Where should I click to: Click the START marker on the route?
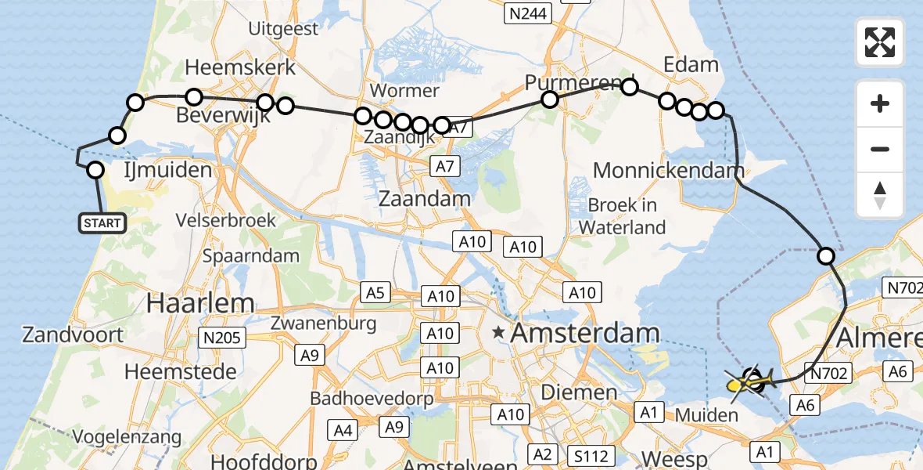click(x=102, y=223)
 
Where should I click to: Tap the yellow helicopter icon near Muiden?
click(x=744, y=384)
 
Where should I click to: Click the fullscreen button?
click(x=880, y=42)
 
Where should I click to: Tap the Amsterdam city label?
click(x=585, y=334)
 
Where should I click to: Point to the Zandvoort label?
click(x=73, y=335)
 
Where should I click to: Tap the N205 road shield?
click(x=222, y=338)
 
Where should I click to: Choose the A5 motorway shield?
click(x=375, y=293)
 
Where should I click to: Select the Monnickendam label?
click(x=668, y=170)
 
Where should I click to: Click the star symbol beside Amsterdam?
click(x=498, y=333)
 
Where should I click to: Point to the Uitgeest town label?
click(x=283, y=29)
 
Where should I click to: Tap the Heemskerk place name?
click(x=240, y=67)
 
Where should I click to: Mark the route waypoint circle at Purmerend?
click(x=550, y=99)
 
